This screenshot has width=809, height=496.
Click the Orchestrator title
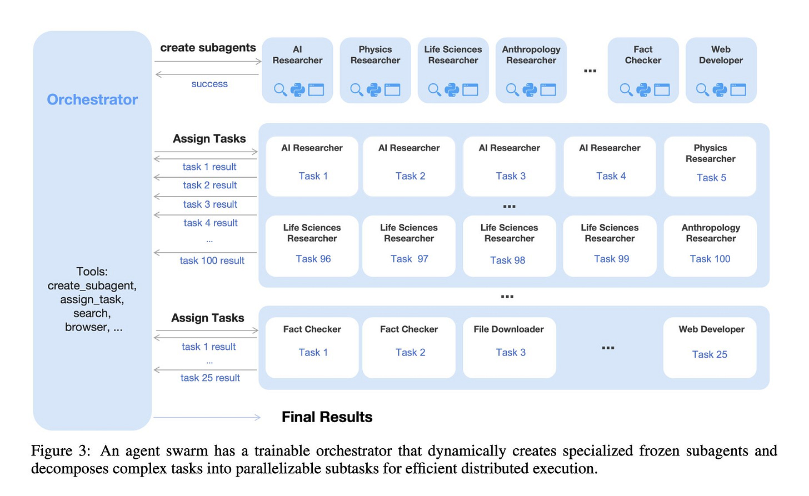pos(92,99)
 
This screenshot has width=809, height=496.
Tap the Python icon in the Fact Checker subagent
pos(643,89)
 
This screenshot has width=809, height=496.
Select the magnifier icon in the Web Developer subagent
pos(702,89)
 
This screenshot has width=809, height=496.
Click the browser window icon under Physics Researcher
pos(392,89)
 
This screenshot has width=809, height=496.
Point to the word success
pos(209,84)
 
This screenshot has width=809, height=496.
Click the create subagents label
pos(208,47)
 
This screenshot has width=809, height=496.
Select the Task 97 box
pos(409,246)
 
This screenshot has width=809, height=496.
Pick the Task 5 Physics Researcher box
pos(710,167)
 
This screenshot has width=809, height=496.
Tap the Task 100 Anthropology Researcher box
pos(710,246)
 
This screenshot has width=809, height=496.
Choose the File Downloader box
pos(509,348)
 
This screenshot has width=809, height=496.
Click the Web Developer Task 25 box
pos(710,348)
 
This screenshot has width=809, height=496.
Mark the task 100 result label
pos(212,260)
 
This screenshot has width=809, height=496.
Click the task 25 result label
pos(210,378)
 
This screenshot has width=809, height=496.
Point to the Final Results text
pos(327,417)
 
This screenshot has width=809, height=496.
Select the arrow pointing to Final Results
pos(207,418)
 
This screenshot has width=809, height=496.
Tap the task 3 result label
pos(210,204)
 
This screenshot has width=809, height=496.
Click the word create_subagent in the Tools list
pos(92,285)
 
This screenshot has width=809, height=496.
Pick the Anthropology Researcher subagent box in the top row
pos(531,71)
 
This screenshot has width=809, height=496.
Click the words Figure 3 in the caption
pos(61,451)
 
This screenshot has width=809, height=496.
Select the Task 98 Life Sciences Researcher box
pos(509,246)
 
